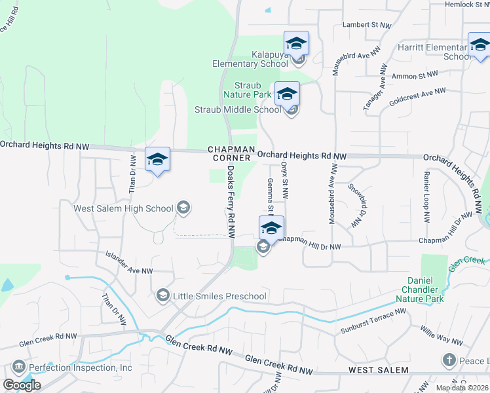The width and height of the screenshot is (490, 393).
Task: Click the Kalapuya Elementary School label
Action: coord(250,59)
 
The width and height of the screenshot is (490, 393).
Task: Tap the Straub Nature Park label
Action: coord(253,90)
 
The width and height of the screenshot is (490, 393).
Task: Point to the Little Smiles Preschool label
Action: coord(219,296)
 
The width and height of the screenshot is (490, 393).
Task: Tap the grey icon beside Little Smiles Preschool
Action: coord(162,296)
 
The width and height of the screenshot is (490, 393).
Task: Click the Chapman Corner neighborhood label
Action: coord(229,154)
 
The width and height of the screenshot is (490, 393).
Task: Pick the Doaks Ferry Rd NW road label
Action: coord(231,200)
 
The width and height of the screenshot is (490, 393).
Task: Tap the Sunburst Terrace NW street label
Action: coord(373,322)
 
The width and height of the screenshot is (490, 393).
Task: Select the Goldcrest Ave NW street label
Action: coord(417,98)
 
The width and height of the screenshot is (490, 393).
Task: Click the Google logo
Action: coord(21,385)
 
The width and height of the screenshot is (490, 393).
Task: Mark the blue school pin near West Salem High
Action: coord(157,160)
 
